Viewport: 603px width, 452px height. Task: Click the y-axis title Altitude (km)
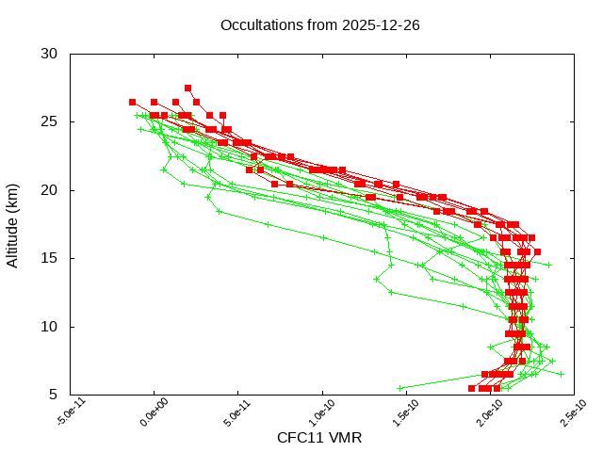coord(12,224)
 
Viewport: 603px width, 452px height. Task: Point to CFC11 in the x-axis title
coord(299,438)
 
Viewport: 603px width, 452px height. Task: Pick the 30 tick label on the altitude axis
coord(50,54)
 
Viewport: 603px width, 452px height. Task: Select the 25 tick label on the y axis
coord(50,121)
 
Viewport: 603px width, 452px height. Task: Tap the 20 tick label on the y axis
coord(50,190)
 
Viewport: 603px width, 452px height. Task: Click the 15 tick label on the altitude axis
coord(50,258)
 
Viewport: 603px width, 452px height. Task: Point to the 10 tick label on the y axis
coord(50,327)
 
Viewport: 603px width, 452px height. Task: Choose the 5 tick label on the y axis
coord(54,395)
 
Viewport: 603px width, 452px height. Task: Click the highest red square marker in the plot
coord(187,88)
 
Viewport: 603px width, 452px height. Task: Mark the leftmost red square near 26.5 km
coord(133,102)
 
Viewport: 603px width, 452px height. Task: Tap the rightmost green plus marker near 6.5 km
coord(561,374)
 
